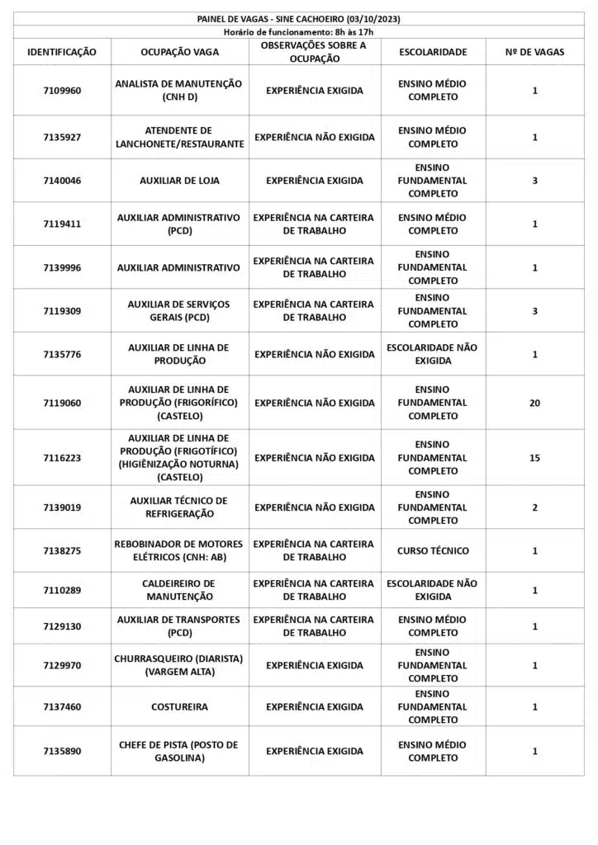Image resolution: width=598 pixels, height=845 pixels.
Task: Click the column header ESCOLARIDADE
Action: pyautogui.click(x=433, y=52)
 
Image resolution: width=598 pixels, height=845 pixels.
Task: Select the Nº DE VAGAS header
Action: pyautogui.click(x=534, y=52)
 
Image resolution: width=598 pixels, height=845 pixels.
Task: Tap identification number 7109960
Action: pyautogui.click(x=62, y=91)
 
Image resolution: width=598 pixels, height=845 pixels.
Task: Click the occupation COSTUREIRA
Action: pyautogui.click(x=179, y=707)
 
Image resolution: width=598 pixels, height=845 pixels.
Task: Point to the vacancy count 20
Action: pyautogui.click(x=534, y=403)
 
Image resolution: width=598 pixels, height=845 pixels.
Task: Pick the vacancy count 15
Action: pyautogui.click(x=534, y=458)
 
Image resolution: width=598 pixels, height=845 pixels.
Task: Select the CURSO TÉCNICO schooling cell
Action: pyautogui.click(x=433, y=550)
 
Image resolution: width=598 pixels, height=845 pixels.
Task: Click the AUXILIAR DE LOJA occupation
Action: pyautogui.click(x=179, y=181)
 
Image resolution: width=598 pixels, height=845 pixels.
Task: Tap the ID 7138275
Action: pyautogui.click(x=62, y=550)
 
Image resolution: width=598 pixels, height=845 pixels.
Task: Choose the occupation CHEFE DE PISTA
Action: pyautogui.click(x=179, y=751)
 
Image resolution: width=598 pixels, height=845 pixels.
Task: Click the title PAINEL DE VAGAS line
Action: pyautogui.click(x=299, y=19)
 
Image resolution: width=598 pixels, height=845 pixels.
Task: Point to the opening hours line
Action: pyautogui.click(x=299, y=31)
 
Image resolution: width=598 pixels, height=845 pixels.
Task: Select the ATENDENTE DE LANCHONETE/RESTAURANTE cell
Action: pyautogui.click(x=179, y=137)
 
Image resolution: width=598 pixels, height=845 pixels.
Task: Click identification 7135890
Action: pyautogui.click(x=62, y=751)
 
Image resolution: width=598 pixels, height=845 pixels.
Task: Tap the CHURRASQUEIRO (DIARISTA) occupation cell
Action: pyautogui.click(x=179, y=665)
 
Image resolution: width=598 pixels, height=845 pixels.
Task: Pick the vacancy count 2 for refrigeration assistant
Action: pyautogui.click(x=534, y=507)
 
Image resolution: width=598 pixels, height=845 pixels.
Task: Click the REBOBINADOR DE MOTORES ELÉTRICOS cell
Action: pyautogui.click(x=179, y=550)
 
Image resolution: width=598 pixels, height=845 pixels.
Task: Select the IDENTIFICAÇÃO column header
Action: pyautogui.click(x=62, y=52)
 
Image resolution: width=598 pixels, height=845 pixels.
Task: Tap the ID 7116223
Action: pyautogui.click(x=62, y=458)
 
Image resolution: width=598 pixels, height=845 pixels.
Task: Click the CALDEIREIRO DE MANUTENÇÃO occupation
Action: pyautogui.click(x=179, y=590)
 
